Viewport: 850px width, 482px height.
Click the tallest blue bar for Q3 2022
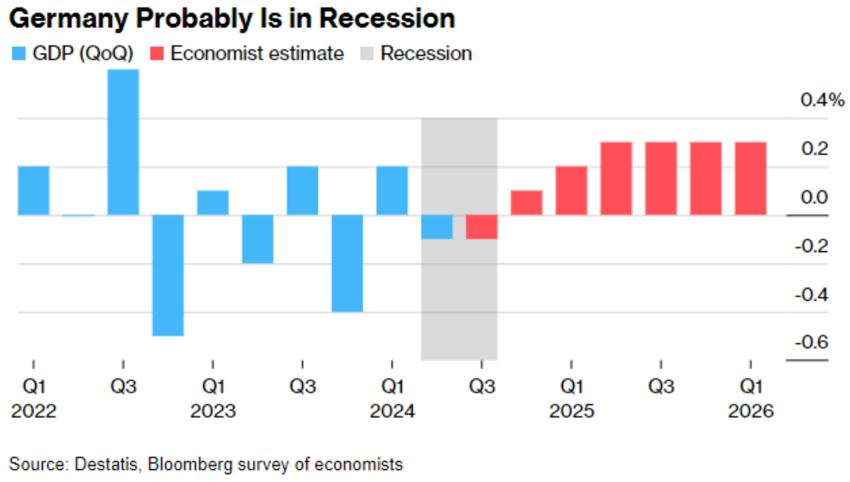[123, 142]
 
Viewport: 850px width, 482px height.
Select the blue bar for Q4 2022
[168, 275]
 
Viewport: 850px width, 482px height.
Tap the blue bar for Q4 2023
[347, 263]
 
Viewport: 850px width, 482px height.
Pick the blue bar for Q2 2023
[258, 239]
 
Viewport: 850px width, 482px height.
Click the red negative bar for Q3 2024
[482, 226]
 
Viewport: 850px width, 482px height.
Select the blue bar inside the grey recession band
[437, 226]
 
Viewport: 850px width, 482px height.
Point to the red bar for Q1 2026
[750, 178]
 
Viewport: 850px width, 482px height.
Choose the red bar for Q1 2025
[571, 190]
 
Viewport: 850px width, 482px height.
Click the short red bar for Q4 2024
[526, 203]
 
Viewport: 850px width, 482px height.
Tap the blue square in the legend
[18, 54]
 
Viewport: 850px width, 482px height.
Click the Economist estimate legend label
[257, 54]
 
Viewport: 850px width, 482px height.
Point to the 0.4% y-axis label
[822, 100]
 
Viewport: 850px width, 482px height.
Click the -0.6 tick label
[811, 342]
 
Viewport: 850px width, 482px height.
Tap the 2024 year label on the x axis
[392, 411]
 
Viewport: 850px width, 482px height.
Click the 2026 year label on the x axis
[750, 411]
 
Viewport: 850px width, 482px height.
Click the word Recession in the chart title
[388, 19]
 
